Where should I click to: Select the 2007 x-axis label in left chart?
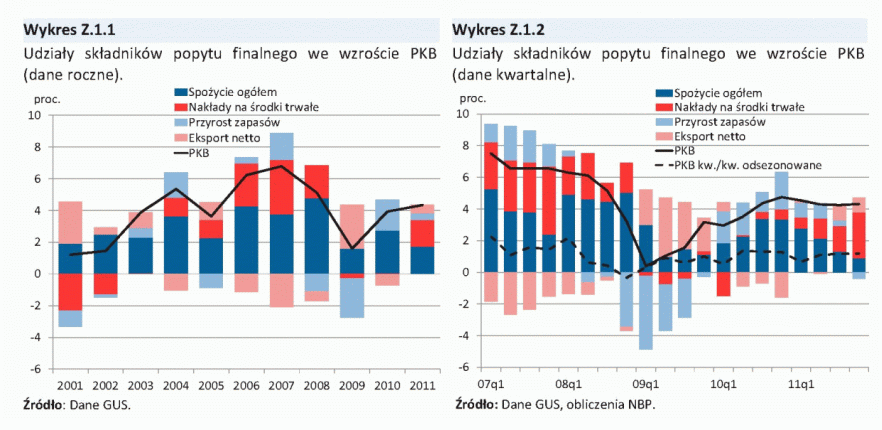pos(281,386)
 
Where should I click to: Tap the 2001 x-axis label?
pos(70,386)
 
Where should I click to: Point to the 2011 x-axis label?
pos(422,386)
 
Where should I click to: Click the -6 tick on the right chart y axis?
pos(463,368)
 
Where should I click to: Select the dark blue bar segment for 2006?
pos(246,240)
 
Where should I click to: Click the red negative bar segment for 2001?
pos(70,291)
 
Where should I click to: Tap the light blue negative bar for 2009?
pos(351,298)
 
